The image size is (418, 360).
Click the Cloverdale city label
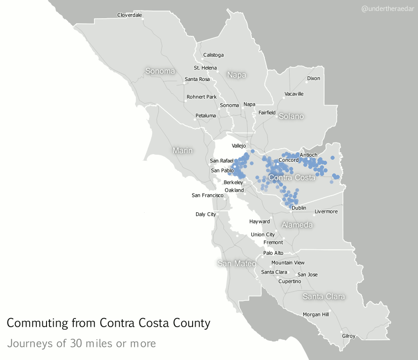coord(129,15)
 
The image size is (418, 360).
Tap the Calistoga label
coord(213,55)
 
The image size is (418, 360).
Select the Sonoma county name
coord(160,71)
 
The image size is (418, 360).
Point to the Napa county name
coord(237,75)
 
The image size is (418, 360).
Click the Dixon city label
coord(313,78)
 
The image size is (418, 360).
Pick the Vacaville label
coord(294,94)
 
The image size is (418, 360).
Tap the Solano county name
coord(291,116)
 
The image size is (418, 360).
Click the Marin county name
coord(182,151)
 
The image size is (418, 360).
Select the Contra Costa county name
coord(292,177)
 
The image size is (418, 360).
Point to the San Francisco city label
coord(208,195)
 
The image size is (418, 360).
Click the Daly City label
coord(206,214)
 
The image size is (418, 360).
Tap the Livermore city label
coord(326,211)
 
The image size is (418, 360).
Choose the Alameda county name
coord(297,224)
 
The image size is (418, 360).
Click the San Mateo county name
coord(236,263)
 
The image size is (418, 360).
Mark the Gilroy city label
coord(349,336)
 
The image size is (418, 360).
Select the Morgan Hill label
coord(316,314)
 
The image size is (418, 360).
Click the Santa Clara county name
coord(323,296)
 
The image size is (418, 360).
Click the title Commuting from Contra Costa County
coord(108,323)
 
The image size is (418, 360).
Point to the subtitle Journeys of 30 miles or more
coord(81,344)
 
